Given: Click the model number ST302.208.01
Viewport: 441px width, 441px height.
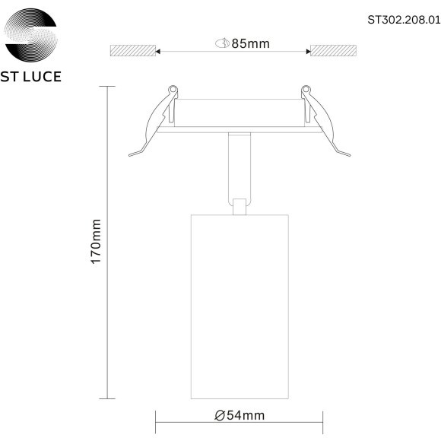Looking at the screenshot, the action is click(404, 20).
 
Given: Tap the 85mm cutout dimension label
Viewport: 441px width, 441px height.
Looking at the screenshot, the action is click(251, 43).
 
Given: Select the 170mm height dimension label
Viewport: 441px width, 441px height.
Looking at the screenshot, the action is click(96, 241).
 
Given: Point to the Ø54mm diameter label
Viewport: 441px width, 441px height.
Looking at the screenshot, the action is click(240, 415).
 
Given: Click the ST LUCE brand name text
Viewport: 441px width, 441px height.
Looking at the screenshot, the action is click(31, 77).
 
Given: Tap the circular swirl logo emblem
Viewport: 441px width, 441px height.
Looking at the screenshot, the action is click(31, 35).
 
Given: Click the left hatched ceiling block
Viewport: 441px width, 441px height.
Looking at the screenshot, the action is click(133, 50).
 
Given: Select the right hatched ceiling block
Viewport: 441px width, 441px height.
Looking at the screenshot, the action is click(333, 50).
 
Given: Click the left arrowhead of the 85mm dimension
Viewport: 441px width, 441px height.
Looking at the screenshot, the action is click(158, 52).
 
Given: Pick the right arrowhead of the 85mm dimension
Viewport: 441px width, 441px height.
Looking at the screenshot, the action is click(308, 52).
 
